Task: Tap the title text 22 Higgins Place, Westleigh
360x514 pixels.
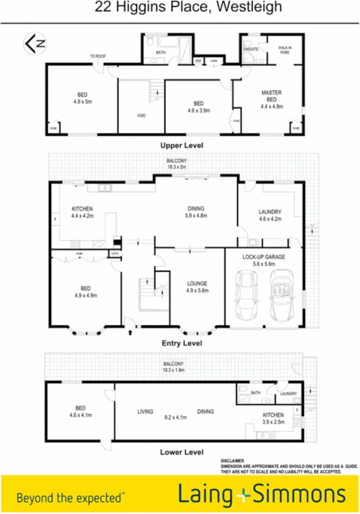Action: pyautogui.click(x=180, y=8)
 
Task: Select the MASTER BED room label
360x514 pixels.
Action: pyautogui.click(x=271, y=97)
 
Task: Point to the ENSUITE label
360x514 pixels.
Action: pyautogui.click(x=251, y=48)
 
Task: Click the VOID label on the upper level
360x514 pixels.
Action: pyautogui.click(x=141, y=114)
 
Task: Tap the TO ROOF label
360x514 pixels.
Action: pyautogui.click(x=98, y=56)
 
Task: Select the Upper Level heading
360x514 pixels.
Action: pyautogui.click(x=181, y=145)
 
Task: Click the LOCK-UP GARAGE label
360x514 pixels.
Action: pyautogui.click(x=263, y=258)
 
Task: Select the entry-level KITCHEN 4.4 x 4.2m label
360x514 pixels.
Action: pyautogui.click(x=81, y=211)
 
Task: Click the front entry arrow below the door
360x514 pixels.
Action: pyautogui.click(x=130, y=334)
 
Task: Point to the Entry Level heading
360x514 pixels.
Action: pyautogui.click(x=181, y=343)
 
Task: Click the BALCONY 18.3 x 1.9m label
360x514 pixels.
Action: pyautogui.click(x=174, y=367)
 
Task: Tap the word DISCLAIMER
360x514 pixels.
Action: pyautogui.click(x=233, y=461)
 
